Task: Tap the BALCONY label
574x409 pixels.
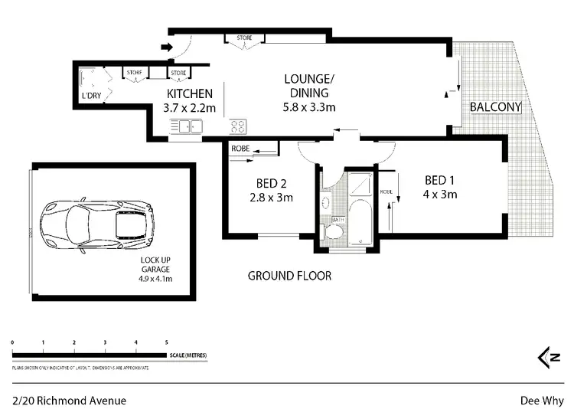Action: (496, 107)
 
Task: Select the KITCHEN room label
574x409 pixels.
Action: (184, 94)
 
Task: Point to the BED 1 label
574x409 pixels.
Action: (440, 180)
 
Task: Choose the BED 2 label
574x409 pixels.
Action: (271, 184)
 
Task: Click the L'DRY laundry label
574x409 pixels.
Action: (90, 96)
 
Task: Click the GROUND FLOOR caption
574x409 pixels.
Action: (289, 276)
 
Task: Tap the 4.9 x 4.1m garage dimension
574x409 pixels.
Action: (156, 279)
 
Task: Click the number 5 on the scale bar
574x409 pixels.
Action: (167, 342)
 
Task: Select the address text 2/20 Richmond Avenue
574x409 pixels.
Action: (70, 400)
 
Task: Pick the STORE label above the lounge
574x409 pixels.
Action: (244, 38)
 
